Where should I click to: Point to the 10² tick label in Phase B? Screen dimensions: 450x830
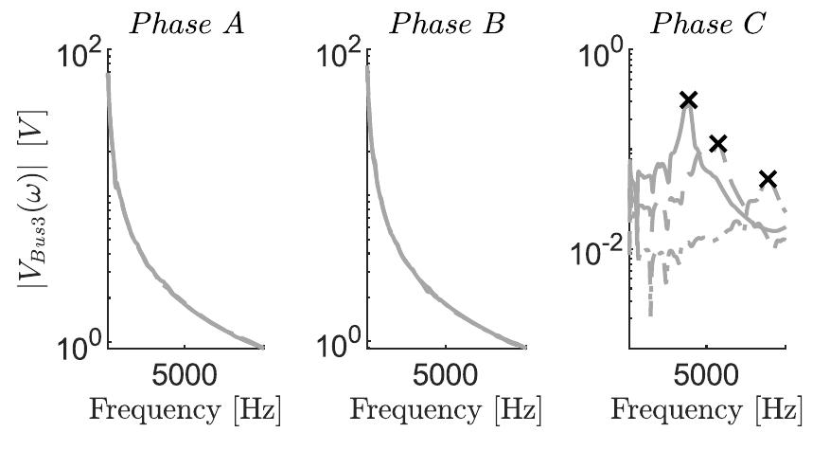pyautogui.click(x=342, y=60)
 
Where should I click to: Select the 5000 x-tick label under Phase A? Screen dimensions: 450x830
pyautogui.click(x=185, y=374)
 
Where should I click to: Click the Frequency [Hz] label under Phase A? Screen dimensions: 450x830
pyautogui.click(x=185, y=411)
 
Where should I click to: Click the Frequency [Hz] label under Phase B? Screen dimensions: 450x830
pyautogui.click(x=446, y=411)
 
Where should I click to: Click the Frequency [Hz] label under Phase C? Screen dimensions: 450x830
pyautogui.click(x=707, y=411)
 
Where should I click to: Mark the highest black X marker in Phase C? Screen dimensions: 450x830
pyautogui.click(x=688, y=99)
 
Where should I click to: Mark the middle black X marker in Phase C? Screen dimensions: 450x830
pyautogui.click(x=718, y=143)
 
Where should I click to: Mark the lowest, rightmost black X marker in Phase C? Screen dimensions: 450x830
pyautogui.click(x=768, y=178)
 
